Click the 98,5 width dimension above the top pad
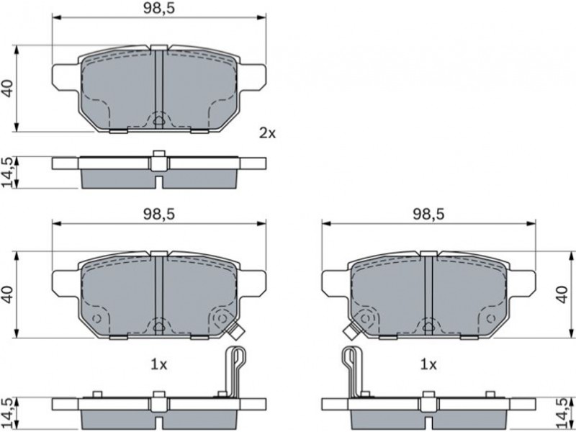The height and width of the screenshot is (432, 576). (x=158, y=9)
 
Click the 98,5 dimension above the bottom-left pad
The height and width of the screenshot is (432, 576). (x=158, y=214)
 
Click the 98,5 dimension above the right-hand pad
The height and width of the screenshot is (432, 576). (x=428, y=214)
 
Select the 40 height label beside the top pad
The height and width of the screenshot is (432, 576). (x=7, y=88)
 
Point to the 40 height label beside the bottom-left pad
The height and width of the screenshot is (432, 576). (x=7, y=294)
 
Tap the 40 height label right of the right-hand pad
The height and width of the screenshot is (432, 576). (x=562, y=294)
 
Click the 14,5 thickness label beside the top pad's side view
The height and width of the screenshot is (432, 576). (x=7, y=172)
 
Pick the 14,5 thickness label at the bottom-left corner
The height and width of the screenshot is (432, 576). (x=7, y=413)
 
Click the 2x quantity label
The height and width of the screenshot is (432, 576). (x=267, y=133)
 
